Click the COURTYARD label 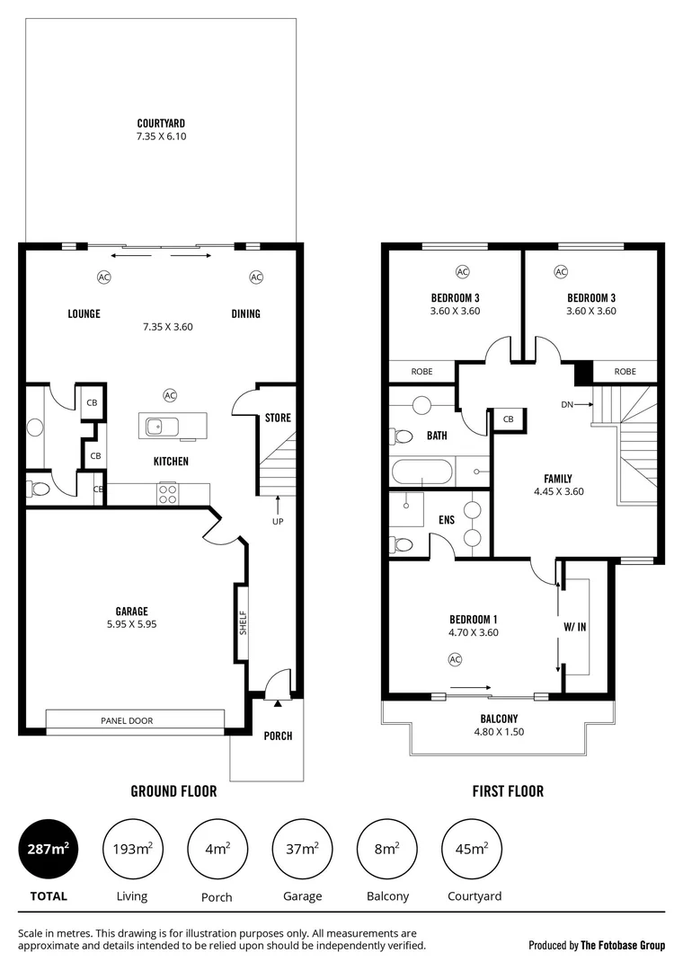pyautogui.click(x=161, y=123)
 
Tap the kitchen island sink pyautogui.click(x=155, y=426)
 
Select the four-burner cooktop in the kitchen pyautogui.click(x=168, y=492)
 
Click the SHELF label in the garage pyautogui.click(x=242, y=623)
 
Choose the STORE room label pyautogui.click(x=278, y=418)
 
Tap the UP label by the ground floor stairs pyautogui.click(x=278, y=521)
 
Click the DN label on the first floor pyautogui.click(x=567, y=405)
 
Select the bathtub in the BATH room pyautogui.click(x=423, y=472)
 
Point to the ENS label pyautogui.click(x=446, y=519)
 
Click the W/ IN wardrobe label pyautogui.click(x=575, y=627)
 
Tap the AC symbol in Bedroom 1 pyautogui.click(x=455, y=660)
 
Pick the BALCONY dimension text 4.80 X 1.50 pyautogui.click(x=499, y=732)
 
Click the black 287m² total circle pyautogui.click(x=48, y=849)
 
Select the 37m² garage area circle pyautogui.click(x=302, y=849)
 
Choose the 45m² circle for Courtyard pyautogui.click(x=473, y=849)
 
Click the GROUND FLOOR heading pyautogui.click(x=173, y=791)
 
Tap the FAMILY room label pyautogui.click(x=558, y=479)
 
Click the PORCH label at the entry pyautogui.click(x=278, y=736)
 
